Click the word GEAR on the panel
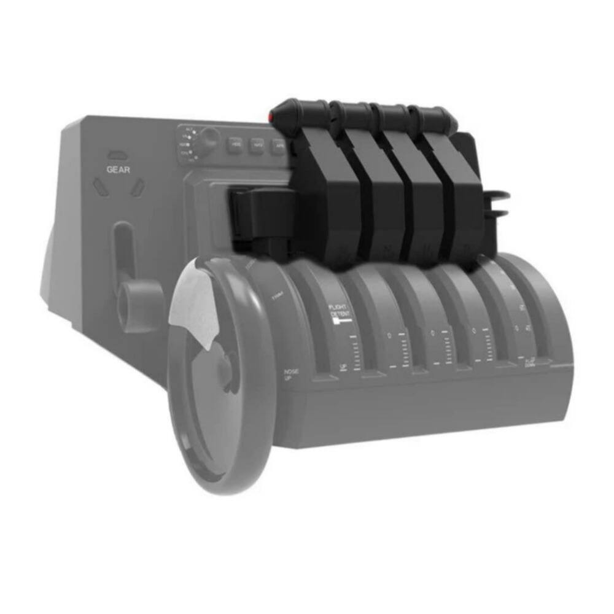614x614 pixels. pyautogui.click(x=119, y=169)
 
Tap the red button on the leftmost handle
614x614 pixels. pyautogui.click(x=271, y=116)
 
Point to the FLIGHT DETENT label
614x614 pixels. pyautogui.click(x=339, y=311)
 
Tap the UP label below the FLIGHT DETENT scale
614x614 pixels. pyautogui.click(x=344, y=367)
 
